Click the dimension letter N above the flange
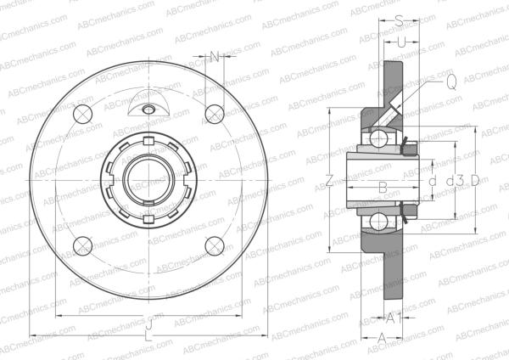(x=215, y=57)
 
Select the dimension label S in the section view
(x=399, y=20)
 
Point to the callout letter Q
(x=450, y=82)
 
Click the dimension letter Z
(x=329, y=180)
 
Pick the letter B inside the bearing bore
(x=383, y=186)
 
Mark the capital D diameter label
(x=475, y=180)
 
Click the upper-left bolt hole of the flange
(x=82, y=115)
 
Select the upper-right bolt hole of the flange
(x=214, y=113)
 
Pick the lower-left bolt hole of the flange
(x=82, y=246)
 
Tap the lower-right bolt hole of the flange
(x=214, y=246)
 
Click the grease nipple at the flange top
(x=148, y=109)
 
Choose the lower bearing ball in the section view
(x=375, y=223)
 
